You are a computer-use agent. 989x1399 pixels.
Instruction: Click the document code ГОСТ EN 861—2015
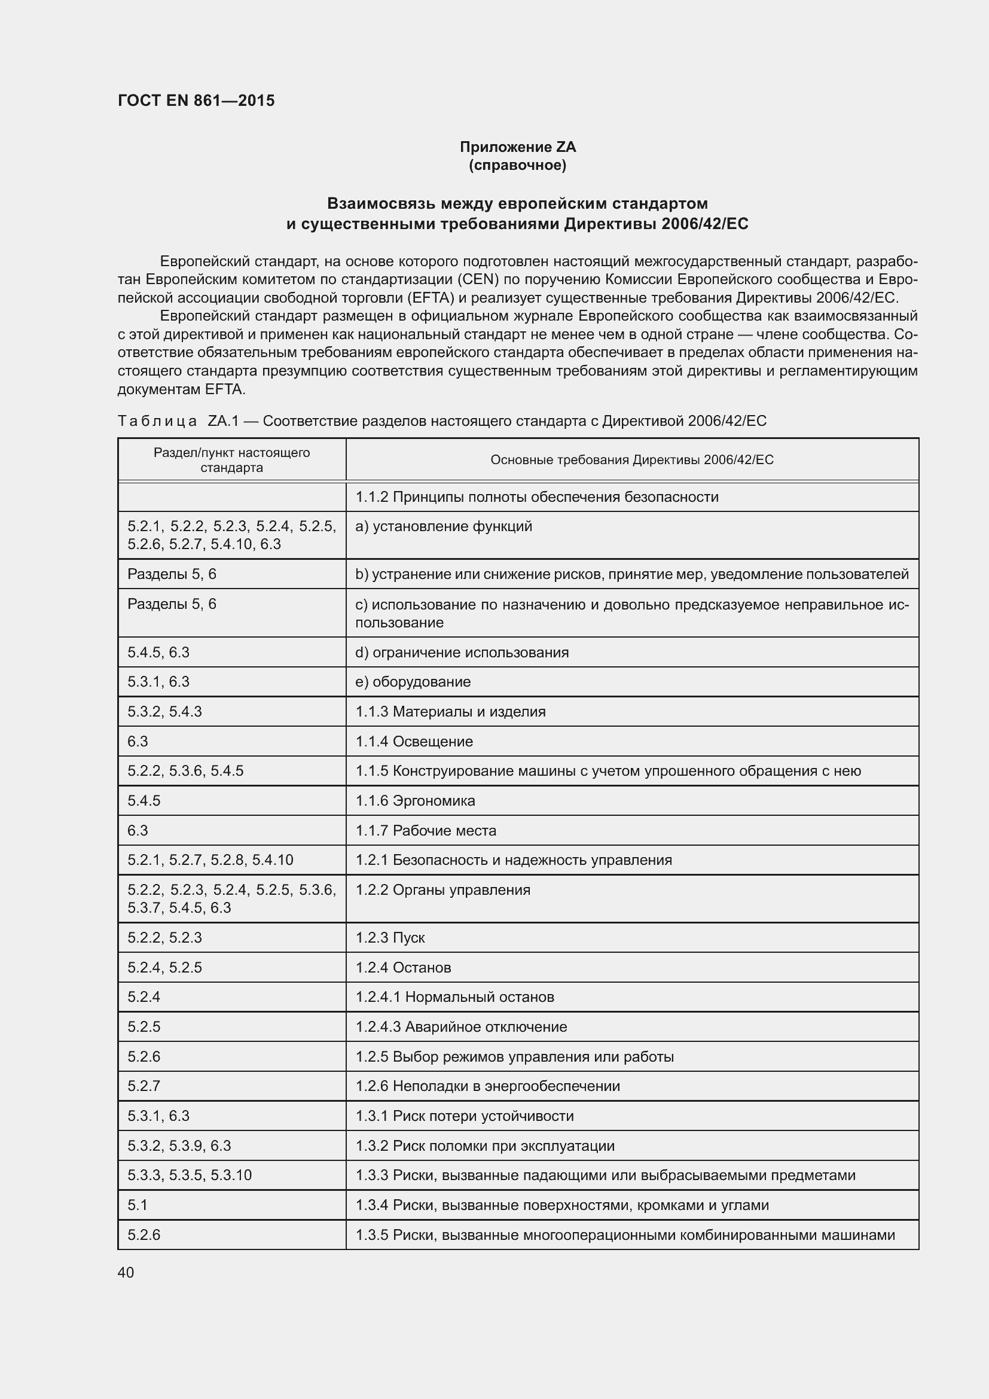point(196,100)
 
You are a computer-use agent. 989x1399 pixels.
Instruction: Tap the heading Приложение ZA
point(517,147)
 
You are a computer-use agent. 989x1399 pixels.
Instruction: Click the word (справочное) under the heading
point(517,165)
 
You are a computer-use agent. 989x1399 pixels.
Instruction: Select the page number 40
point(126,1272)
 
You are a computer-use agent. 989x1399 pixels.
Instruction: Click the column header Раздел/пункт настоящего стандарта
point(231,460)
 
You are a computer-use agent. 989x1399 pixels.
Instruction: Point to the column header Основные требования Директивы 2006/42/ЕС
point(631,460)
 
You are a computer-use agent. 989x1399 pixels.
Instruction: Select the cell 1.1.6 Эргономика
point(416,801)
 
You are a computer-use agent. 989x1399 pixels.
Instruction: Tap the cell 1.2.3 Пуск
point(390,938)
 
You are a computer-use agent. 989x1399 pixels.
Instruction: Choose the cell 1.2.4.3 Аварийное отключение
point(461,1027)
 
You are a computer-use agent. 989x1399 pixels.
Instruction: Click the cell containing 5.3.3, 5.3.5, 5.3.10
point(190,1175)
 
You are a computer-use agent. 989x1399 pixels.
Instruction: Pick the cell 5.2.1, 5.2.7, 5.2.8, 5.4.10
point(210,859)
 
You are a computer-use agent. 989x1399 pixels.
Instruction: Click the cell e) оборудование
point(413,682)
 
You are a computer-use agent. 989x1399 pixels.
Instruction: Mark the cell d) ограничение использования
point(462,653)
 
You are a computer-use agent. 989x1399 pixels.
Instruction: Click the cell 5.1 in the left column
point(138,1205)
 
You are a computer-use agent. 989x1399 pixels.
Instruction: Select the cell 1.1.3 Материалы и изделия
point(451,712)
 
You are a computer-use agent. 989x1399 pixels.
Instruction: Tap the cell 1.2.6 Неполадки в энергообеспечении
point(488,1086)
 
